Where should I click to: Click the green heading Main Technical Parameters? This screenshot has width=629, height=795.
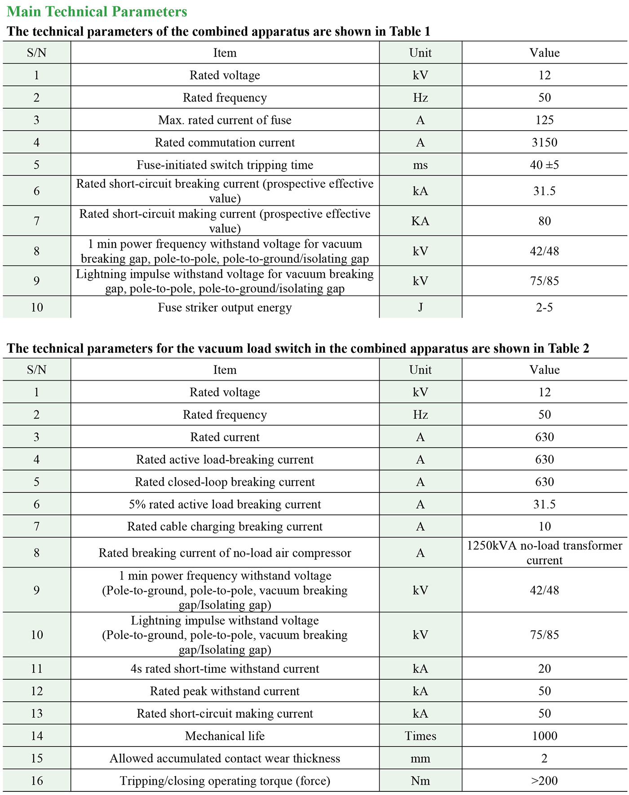pos(97,12)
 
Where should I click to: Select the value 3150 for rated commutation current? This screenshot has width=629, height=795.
pos(544,142)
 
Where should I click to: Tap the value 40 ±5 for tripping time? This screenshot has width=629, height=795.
pos(544,165)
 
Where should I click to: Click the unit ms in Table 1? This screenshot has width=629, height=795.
pos(420,165)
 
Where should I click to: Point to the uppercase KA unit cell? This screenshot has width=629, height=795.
pos(420,221)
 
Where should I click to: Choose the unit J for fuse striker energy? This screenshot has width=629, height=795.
pos(420,307)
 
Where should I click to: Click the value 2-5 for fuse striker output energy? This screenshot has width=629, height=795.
pos(544,307)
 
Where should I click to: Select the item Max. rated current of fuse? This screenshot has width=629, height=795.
pos(225,120)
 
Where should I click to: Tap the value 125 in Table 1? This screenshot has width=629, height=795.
pos(544,120)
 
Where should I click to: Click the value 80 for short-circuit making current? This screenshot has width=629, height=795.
pos(544,221)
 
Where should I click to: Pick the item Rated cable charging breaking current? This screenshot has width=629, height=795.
pos(225,526)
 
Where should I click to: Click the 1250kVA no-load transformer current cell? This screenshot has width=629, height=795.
pos(544,553)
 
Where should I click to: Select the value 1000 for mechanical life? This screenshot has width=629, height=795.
pos(544,736)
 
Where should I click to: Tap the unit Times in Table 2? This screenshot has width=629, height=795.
pos(420,736)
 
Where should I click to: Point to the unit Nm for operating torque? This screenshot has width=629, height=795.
pos(420,781)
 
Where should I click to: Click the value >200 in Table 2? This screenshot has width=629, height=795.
pos(544,781)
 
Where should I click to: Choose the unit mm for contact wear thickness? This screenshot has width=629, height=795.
pos(420,758)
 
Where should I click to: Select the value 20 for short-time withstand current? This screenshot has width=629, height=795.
pos(544,668)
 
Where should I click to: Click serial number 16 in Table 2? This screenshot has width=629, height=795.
pos(37,781)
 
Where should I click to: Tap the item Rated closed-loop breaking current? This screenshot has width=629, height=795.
pos(225,482)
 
